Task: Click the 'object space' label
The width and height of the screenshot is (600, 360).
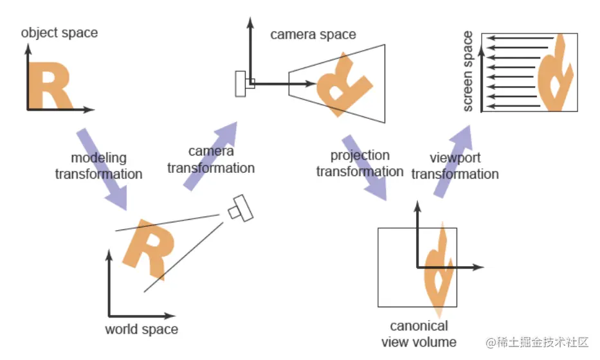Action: point(59,32)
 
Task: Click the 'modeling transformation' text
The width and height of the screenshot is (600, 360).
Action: point(98,166)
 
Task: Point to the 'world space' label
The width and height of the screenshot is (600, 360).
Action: point(141,330)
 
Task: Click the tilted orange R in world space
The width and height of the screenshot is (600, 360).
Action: point(146,248)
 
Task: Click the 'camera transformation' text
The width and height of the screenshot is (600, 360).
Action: point(211,159)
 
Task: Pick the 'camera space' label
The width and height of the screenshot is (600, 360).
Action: point(313,34)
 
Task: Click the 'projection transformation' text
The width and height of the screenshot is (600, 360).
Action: point(359,163)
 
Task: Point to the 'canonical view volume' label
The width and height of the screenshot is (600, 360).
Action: point(419,334)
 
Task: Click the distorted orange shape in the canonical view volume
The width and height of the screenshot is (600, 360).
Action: point(439,270)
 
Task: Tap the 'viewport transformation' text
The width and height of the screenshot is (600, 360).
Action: point(455,166)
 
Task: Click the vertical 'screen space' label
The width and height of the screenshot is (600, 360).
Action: point(468,71)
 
